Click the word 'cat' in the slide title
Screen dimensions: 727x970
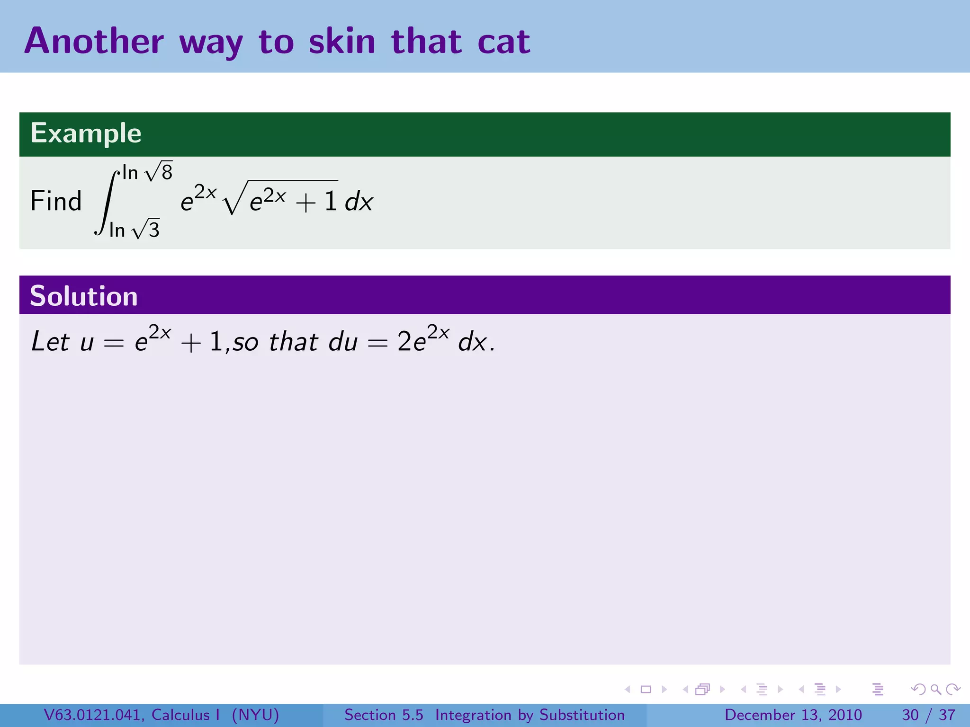click(504, 42)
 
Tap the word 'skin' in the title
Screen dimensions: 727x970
click(342, 42)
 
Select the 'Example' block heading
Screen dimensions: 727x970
click(86, 133)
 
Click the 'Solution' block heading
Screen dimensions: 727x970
click(84, 296)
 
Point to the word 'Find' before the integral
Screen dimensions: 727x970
click(56, 201)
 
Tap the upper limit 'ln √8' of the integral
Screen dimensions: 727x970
click(147, 172)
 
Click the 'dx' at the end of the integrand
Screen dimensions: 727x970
click(359, 203)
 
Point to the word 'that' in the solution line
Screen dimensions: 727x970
click(294, 342)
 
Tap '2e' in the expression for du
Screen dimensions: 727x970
click(411, 342)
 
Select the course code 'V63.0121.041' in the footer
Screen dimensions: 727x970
click(93, 715)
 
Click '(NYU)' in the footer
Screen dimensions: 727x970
click(255, 715)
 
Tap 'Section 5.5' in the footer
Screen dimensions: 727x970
click(384, 715)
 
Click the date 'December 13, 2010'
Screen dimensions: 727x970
click(793, 715)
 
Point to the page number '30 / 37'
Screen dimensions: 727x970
click(928, 715)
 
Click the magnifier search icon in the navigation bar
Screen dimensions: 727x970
click(935, 689)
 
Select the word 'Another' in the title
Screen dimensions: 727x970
click(94, 42)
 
